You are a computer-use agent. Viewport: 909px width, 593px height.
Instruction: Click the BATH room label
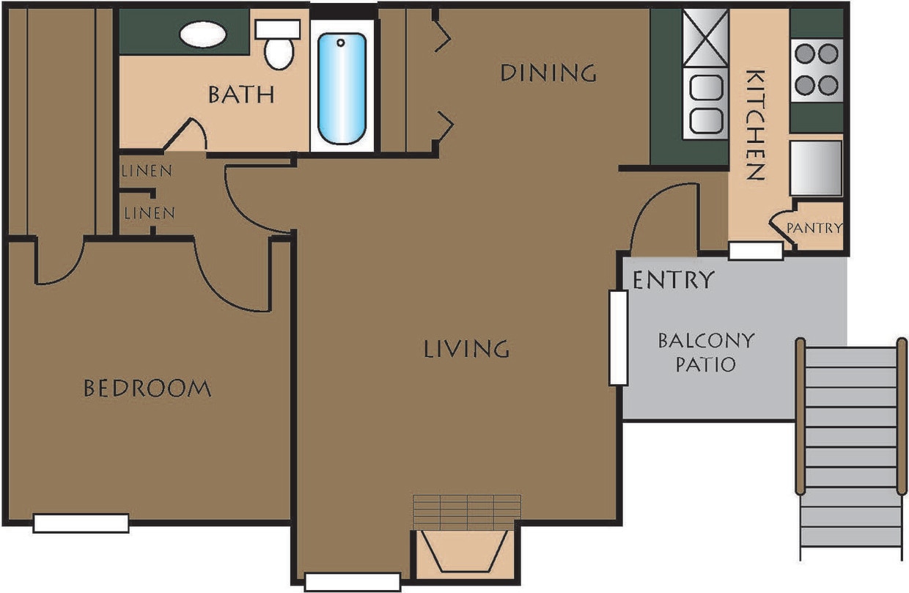coord(241,95)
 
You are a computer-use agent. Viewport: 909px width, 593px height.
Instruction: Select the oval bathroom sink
coord(203,34)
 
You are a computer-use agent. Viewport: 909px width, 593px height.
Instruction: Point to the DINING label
coord(548,73)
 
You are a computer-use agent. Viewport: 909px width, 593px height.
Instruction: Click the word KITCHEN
coord(755,125)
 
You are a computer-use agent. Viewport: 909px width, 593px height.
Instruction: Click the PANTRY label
coord(814,228)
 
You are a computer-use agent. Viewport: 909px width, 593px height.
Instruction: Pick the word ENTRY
coord(673,280)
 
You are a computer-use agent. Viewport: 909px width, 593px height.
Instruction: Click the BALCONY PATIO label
coord(696,353)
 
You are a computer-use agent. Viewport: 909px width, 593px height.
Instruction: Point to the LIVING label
coord(466,349)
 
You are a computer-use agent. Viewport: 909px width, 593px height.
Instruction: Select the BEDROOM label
coord(147,388)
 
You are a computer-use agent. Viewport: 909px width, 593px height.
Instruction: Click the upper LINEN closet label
coord(147,172)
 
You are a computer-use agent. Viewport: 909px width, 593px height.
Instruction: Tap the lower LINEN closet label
coord(150,213)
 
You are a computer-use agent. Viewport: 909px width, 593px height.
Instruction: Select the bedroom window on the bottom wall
coord(81,523)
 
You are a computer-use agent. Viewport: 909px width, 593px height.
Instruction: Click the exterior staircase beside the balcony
coord(850,447)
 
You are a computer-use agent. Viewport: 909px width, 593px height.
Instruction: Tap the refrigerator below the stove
coord(816,168)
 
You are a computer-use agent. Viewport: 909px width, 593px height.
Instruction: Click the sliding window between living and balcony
coord(618,338)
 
